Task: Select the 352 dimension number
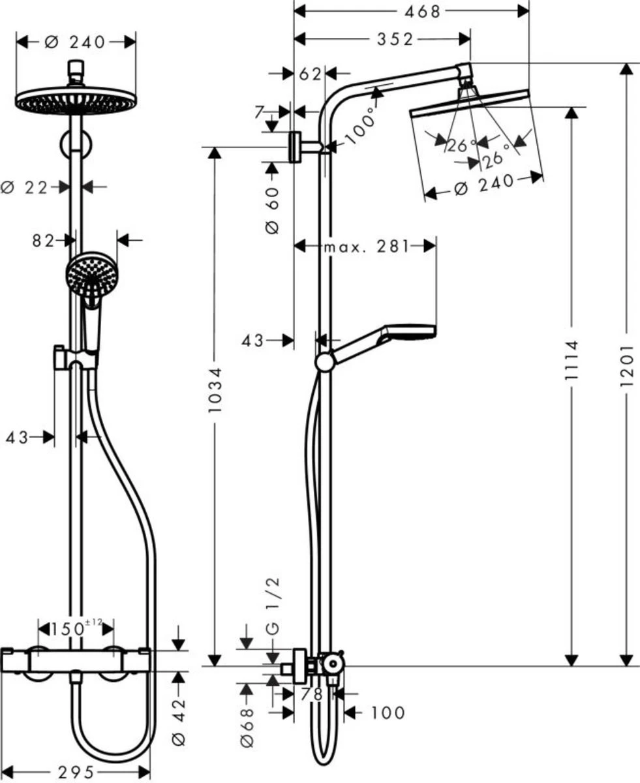tap(394, 40)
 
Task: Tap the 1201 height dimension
tap(627, 365)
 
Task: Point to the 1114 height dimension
tap(571, 365)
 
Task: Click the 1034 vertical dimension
tap(216, 391)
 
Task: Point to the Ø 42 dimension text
tap(181, 722)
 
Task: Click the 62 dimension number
tap(311, 74)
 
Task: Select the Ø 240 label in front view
tap(74, 42)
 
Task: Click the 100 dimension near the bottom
tap(388, 713)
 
